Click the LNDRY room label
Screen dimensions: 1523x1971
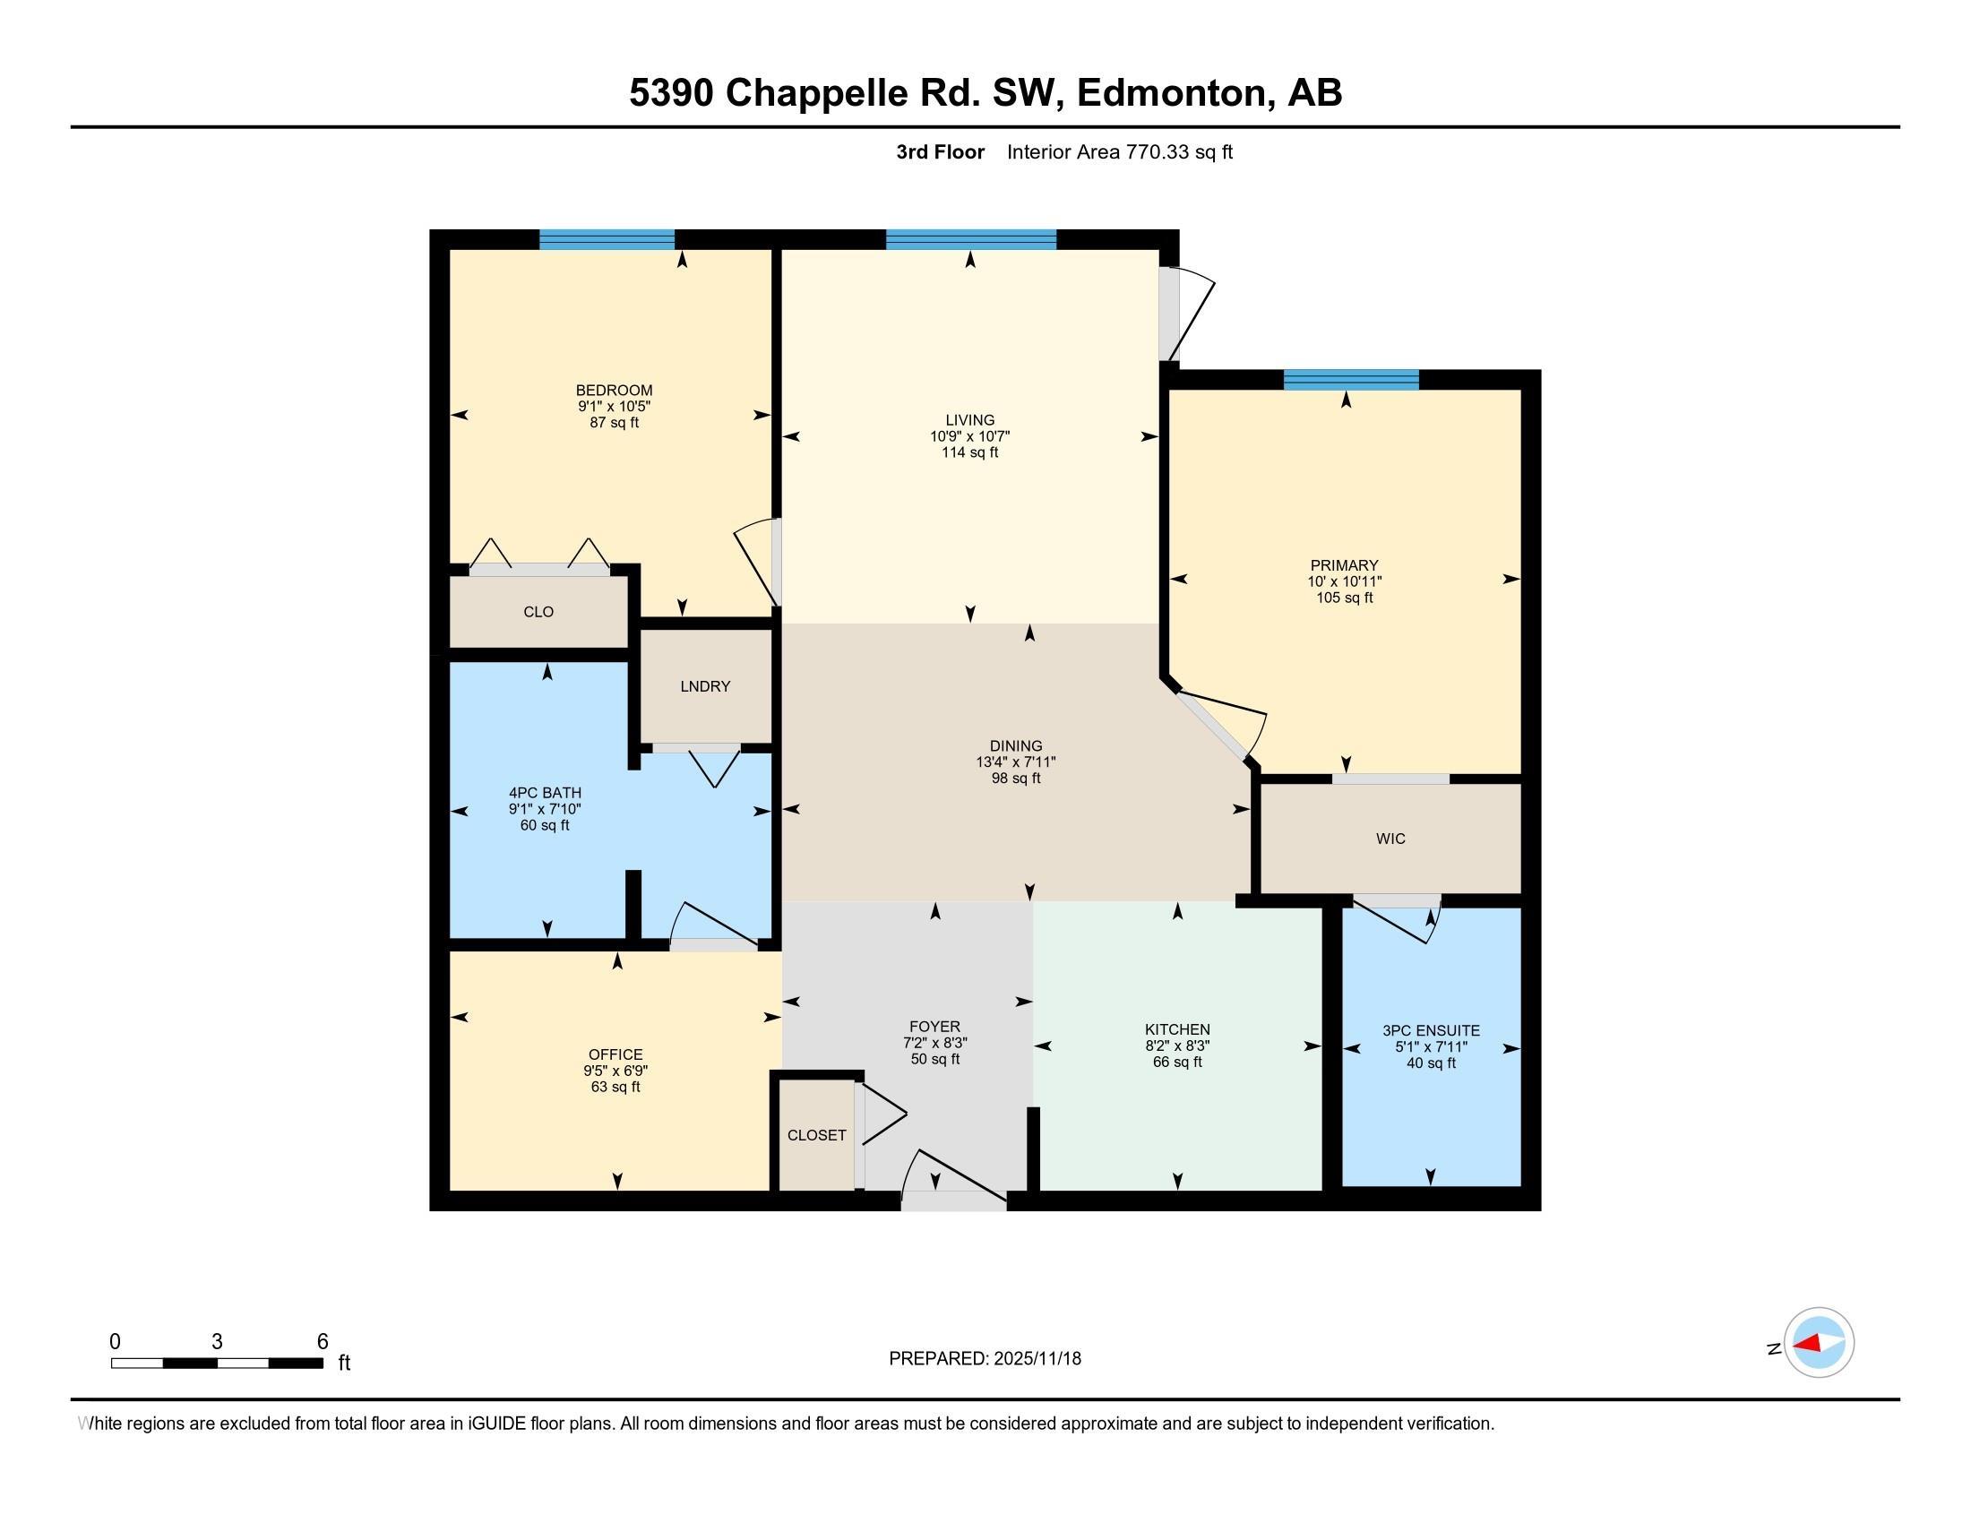pos(705,686)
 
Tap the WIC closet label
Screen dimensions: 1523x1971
pos(1390,839)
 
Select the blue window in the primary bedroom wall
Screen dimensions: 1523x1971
pos(1350,380)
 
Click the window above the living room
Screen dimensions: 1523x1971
pos(970,239)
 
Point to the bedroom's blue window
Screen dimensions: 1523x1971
pos(607,239)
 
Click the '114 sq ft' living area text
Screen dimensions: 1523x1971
pos(970,453)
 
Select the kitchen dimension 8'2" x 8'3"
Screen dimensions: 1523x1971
pos(1177,1045)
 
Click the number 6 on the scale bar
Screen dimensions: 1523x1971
pos(323,1342)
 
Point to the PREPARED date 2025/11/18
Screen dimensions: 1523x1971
pos(1036,1359)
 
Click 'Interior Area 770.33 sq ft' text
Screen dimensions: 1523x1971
pos(1119,152)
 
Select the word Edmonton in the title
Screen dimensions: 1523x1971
pos(1174,93)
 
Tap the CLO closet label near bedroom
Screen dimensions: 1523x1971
pos(538,612)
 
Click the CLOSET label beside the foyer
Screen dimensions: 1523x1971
pos(817,1135)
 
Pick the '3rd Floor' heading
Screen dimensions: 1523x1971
pos(940,152)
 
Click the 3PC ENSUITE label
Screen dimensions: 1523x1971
pos(1431,1030)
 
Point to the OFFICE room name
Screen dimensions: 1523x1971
pos(615,1054)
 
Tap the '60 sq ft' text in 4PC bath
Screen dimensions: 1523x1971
pos(544,826)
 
